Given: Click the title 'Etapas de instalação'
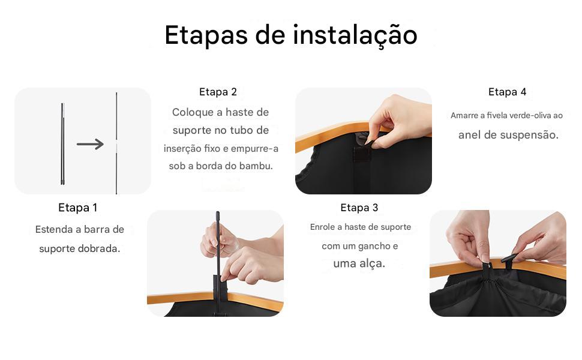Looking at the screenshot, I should pyautogui.click(x=290, y=35).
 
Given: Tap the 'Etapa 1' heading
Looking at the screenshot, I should pyautogui.click(x=77, y=208).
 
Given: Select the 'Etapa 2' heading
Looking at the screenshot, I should pyautogui.click(x=218, y=92).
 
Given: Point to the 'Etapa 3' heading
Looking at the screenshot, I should pyautogui.click(x=359, y=208).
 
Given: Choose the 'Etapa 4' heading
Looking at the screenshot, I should pyautogui.click(x=507, y=92).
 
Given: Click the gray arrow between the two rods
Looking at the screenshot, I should pyautogui.click(x=90, y=144).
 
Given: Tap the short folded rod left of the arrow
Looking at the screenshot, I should pyautogui.click(x=62, y=144).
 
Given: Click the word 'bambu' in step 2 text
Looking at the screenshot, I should pyautogui.click(x=256, y=166).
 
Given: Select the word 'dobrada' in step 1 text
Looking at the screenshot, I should pyautogui.click(x=99, y=248).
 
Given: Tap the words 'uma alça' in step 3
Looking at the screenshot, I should pyautogui.click(x=359, y=263).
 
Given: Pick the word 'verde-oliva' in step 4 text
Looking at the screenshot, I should pyautogui.click(x=517, y=115).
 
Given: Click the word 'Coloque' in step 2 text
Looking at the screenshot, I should pyautogui.click(x=191, y=112).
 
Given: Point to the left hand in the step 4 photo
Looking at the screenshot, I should pyautogui.click(x=468, y=234).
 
